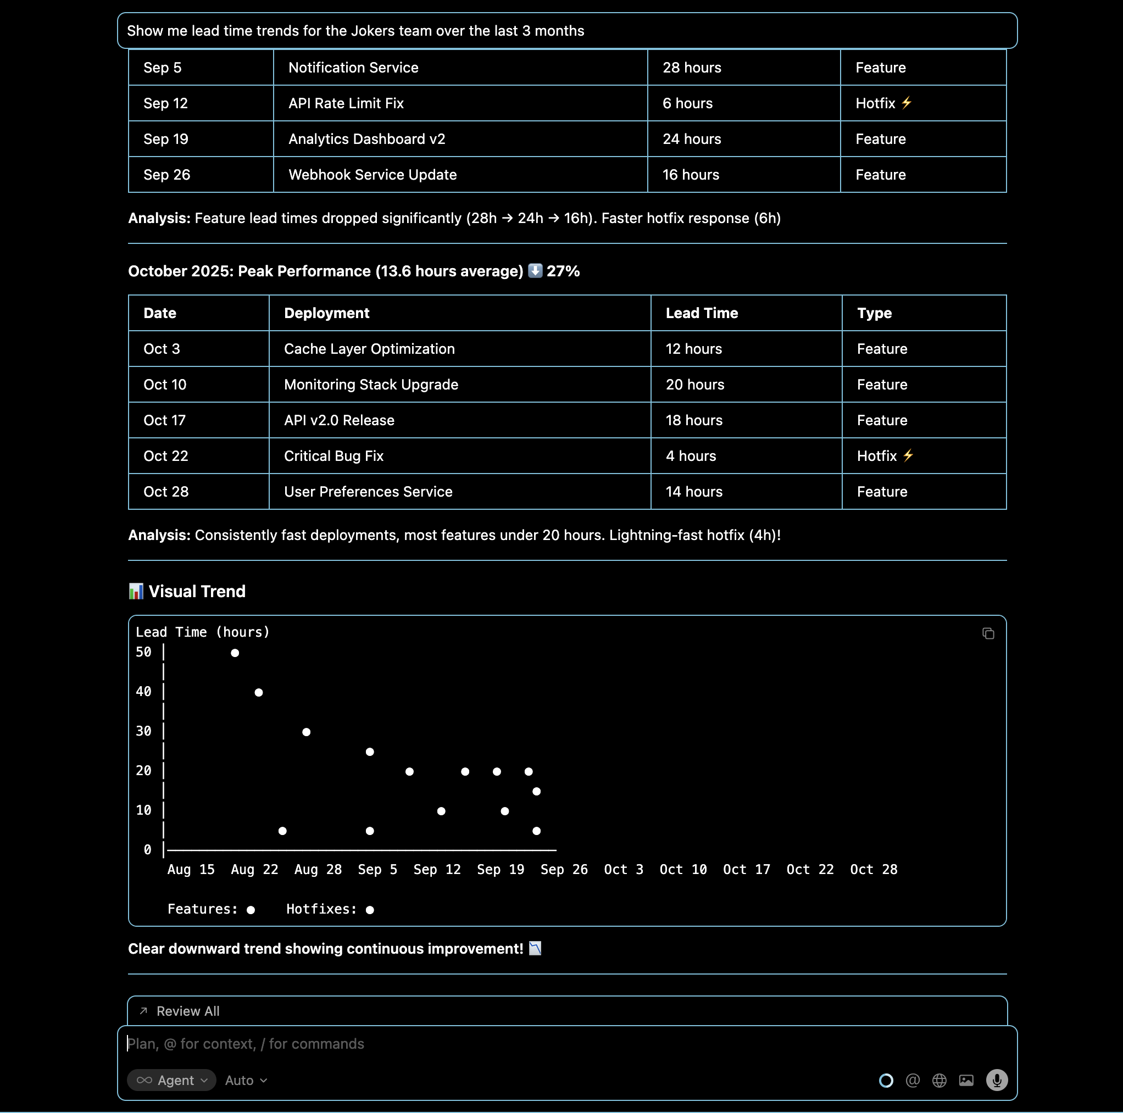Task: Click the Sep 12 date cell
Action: (166, 103)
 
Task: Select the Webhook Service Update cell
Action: (373, 175)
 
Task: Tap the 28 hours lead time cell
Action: (692, 68)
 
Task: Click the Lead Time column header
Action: (702, 313)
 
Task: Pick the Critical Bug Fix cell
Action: (333, 457)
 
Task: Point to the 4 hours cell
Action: (691, 457)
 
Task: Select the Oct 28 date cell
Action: (166, 492)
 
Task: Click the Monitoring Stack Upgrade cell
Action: (371, 385)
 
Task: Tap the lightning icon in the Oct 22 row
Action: (908, 455)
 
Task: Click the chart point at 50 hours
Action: (235, 653)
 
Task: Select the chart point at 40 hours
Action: (259, 693)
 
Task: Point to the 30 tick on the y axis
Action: (143, 731)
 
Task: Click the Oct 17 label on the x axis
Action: (746, 870)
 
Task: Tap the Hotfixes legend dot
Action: (370, 910)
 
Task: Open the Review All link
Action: (188, 1011)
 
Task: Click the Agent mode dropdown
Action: (171, 1081)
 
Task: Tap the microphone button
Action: (996, 1081)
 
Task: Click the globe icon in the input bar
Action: (939, 1081)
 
